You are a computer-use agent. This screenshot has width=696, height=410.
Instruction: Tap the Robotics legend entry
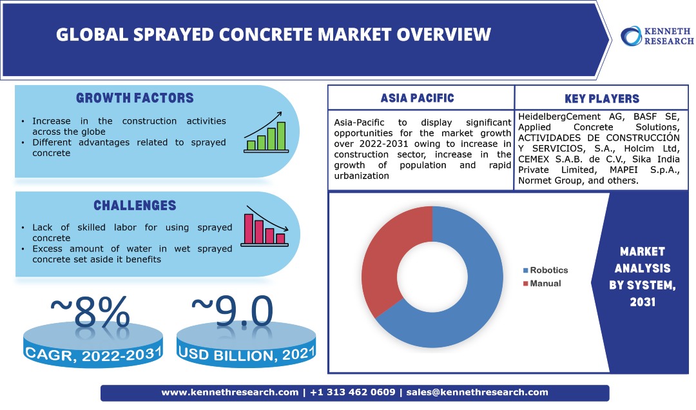tap(545, 270)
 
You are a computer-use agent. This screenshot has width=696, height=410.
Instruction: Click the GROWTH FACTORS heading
tap(135, 99)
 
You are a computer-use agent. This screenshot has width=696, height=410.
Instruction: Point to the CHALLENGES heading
tap(135, 206)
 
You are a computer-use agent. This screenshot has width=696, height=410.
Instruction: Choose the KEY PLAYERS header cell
tap(602, 99)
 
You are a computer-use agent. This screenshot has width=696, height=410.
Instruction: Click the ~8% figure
tap(90, 312)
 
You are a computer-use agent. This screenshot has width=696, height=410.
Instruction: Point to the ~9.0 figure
tap(233, 312)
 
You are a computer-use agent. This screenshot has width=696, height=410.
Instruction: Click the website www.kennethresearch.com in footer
tap(229, 392)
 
